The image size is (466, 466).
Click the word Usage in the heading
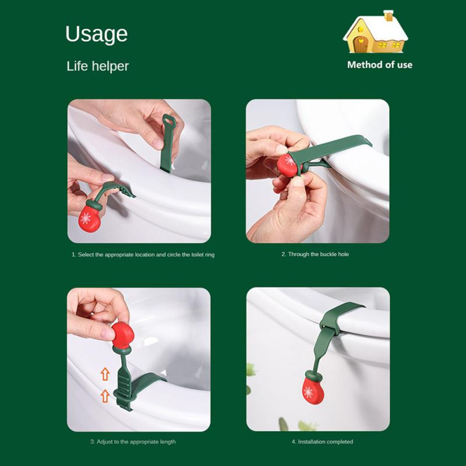pos(97,34)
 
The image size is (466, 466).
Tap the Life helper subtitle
pos(97,66)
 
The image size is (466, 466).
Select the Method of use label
pos(380,65)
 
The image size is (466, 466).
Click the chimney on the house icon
pos(388,16)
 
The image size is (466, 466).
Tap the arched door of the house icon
pos(361,45)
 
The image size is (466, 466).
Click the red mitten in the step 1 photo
pos(89,218)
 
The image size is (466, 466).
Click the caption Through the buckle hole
pos(315,254)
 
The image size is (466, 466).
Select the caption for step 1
pos(143,255)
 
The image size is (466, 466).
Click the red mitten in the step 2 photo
pos(288,165)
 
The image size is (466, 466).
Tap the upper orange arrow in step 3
pos(105,374)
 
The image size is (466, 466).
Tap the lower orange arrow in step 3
pos(105,396)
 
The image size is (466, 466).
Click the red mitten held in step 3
pos(122,335)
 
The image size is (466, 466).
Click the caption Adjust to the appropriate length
pos(133,442)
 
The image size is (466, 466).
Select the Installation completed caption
pos(322,442)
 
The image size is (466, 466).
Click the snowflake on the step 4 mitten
pos(308,392)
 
